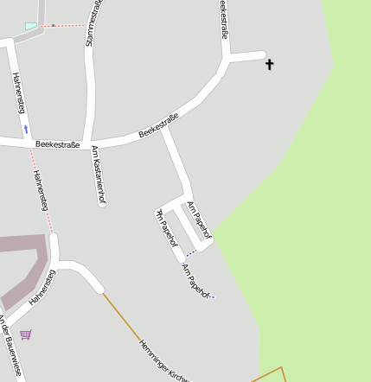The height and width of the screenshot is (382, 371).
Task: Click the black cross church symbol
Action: pos(269,64)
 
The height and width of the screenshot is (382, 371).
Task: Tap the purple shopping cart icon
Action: pos(26,334)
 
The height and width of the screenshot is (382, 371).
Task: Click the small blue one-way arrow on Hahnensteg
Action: pos(26,129)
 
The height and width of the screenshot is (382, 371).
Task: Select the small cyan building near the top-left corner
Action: pos(31,26)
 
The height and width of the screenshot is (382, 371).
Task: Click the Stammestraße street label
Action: pos(93,35)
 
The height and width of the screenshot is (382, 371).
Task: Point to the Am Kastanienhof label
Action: pos(99,174)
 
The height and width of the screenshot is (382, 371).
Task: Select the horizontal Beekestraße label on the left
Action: pos(58,144)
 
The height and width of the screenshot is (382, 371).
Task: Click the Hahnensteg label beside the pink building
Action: pos(42,287)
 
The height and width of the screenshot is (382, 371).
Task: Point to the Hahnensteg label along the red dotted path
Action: pos(41,190)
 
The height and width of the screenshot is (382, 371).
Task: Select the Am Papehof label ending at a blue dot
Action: pos(195,283)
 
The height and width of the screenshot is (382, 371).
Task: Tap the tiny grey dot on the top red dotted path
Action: pos(53,25)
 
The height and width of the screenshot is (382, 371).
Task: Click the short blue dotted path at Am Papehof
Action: pos(190,252)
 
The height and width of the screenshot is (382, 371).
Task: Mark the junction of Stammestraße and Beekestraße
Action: pos(91,141)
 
